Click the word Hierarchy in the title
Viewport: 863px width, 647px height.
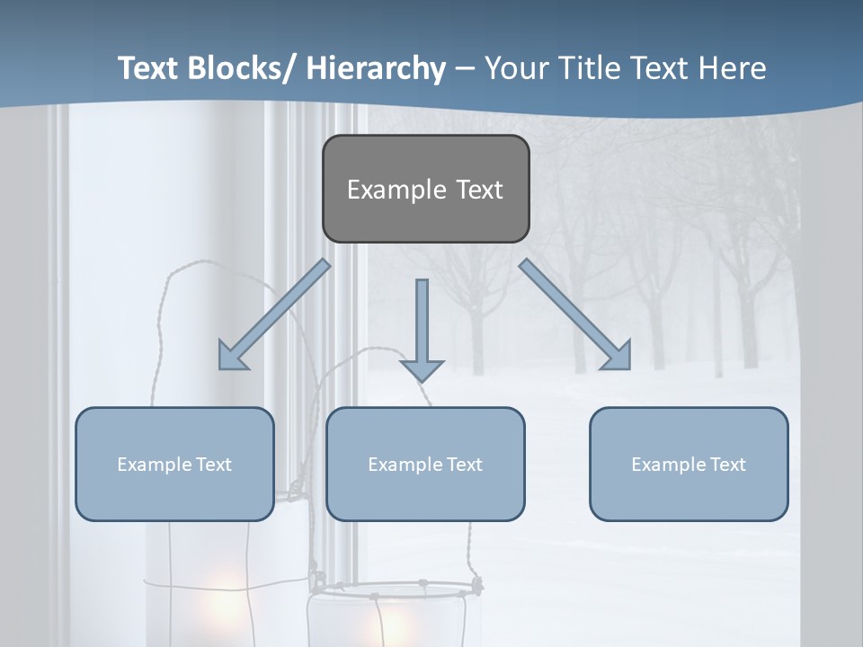(x=376, y=69)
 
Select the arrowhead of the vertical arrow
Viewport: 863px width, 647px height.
(x=422, y=369)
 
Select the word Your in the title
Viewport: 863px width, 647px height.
(x=513, y=69)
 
